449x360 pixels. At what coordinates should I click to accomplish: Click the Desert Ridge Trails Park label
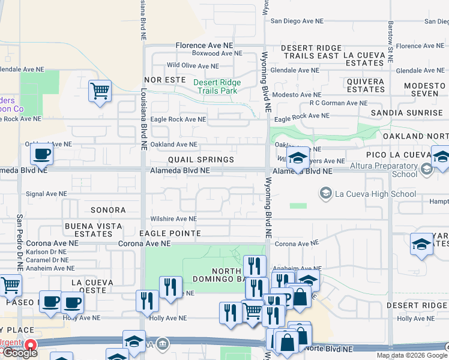point(217,87)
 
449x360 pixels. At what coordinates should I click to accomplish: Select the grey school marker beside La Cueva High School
point(325,193)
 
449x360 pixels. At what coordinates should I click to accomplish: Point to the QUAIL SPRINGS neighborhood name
point(200,160)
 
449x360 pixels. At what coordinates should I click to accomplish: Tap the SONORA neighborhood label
point(108,210)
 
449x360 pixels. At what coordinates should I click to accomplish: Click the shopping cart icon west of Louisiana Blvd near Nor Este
point(100,92)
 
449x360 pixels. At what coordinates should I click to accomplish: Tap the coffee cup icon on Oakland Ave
point(41,154)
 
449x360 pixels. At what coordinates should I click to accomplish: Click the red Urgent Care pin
point(28,346)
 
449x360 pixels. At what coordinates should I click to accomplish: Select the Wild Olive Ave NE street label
point(193,66)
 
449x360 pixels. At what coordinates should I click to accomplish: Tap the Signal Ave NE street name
point(51,194)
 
